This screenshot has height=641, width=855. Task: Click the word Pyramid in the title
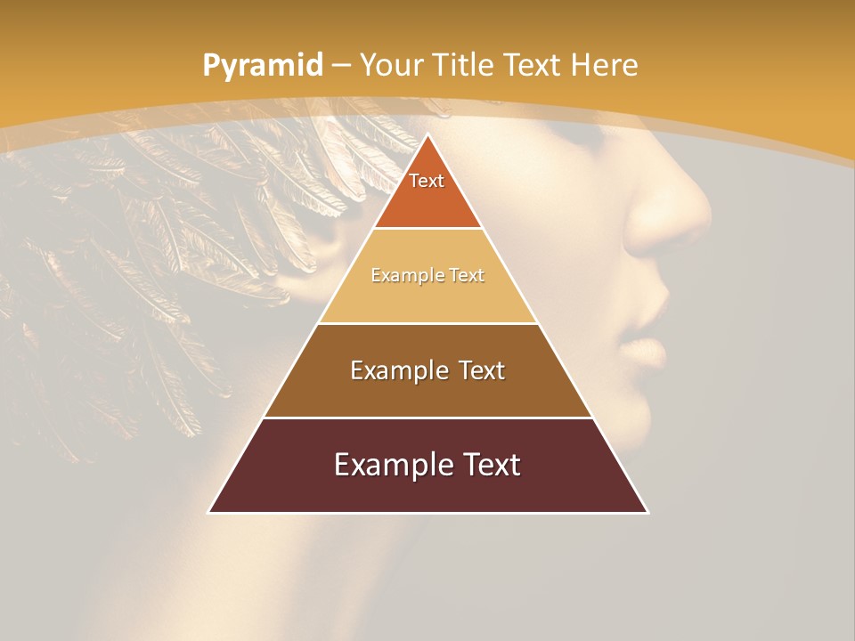tap(262, 65)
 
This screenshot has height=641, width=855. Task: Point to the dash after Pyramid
tap(342, 66)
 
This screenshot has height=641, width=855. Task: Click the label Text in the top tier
tap(427, 181)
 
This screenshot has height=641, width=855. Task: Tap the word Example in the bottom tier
tap(387, 465)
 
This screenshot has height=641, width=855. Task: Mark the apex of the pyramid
tap(427, 135)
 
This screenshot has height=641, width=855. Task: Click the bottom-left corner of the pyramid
tap(209, 512)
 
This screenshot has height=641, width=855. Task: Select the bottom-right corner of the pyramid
tap(647, 512)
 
